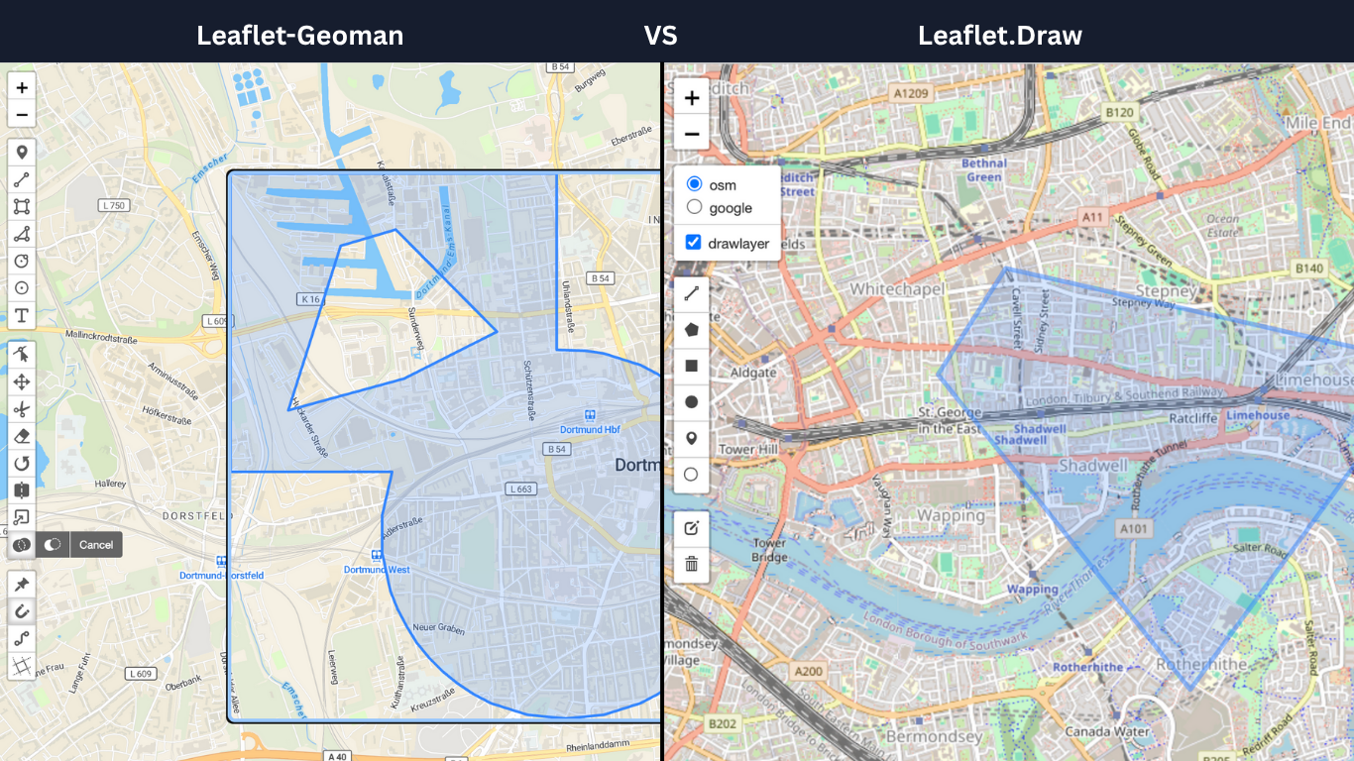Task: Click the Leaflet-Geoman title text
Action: point(299,36)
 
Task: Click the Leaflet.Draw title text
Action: point(999,36)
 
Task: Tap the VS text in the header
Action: point(660,36)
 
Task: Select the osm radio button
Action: point(694,184)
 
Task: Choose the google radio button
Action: point(694,207)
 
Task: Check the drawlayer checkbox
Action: point(694,243)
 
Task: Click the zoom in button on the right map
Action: point(692,98)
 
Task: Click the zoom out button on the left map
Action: point(22,115)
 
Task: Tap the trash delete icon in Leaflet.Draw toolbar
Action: point(692,564)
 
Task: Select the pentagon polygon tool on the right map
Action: point(692,329)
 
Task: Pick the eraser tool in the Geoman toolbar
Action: point(22,436)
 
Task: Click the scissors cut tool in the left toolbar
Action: point(22,409)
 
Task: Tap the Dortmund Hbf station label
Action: point(590,430)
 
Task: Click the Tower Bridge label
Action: point(769,550)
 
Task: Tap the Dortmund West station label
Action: point(377,570)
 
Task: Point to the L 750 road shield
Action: point(114,205)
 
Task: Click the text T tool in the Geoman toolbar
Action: point(22,316)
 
